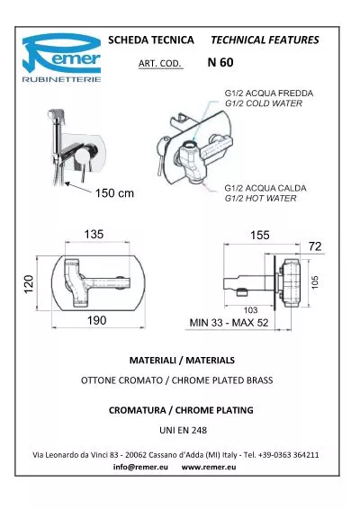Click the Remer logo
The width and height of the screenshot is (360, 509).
pyautogui.click(x=61, y=58)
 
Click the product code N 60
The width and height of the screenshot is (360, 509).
pyautogui.click(x=220, y=62)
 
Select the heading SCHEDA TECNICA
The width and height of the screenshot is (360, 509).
pyautogui.click(x=151, y=40)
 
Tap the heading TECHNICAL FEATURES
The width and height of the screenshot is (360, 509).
pyautogui.click(x=265, y=40)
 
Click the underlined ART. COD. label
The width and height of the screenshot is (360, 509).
pyautogui.click(x=160, y=63)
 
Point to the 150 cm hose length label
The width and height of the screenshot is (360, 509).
pyautogui.click(x=114, y=193)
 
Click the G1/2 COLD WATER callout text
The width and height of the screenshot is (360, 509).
pyautogui.click(x=264, y=103)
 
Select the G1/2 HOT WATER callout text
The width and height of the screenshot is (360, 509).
pyautogui.click(x=261, y=199)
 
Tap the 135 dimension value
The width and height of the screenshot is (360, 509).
pyautogui.click(x=94, y=234)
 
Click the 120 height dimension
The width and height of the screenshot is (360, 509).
pyautogui.click(x=29, y=284)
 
